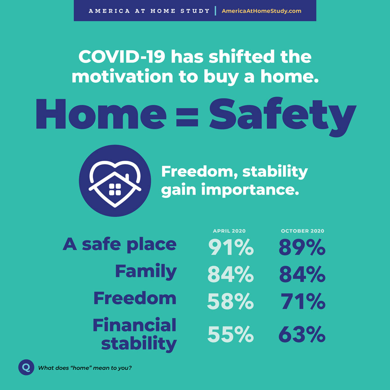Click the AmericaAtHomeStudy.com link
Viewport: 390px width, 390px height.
(261, 11)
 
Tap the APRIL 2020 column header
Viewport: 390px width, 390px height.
(229, 231)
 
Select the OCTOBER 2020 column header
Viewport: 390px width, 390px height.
(303, 231)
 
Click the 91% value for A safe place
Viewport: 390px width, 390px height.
(231, 247)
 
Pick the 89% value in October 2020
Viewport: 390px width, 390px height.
(302, 247)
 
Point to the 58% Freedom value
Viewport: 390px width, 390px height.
(230, 301)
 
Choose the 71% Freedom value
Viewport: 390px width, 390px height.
(303, 301)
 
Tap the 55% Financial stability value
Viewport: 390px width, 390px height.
(230, 334)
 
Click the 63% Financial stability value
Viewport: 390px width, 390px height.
(302, 334)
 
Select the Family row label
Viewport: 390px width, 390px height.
(146, 272)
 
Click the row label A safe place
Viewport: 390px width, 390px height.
(120, 244)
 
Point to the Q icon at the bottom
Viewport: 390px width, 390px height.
(26, 367)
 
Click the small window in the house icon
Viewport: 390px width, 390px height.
(115, 189)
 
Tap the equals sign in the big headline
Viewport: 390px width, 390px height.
(187, 117)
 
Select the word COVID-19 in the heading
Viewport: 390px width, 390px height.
(122, 56)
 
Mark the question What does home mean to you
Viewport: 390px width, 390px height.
(85, 368)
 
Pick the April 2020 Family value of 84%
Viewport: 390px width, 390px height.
(230, 274)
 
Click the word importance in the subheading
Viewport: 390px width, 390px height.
(250, 190)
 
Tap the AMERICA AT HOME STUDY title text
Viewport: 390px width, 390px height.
(149, 11)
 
